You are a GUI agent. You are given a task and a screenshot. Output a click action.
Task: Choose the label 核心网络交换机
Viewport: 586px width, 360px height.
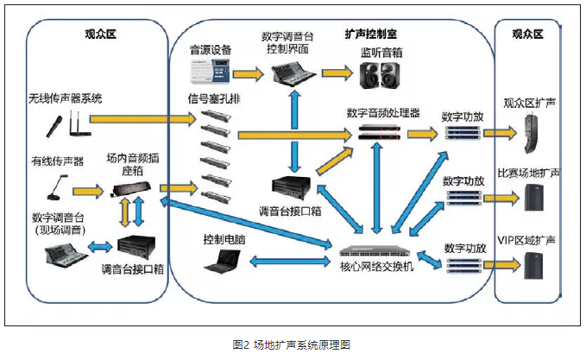pyautogui.click(x=374, y=268)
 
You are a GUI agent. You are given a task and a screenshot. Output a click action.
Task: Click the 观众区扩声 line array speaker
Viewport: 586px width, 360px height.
pyautogui.click(x=529, y=132)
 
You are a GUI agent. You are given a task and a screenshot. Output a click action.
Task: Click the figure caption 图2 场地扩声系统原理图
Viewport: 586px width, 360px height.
pyautogui.click(x=292, y=344)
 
